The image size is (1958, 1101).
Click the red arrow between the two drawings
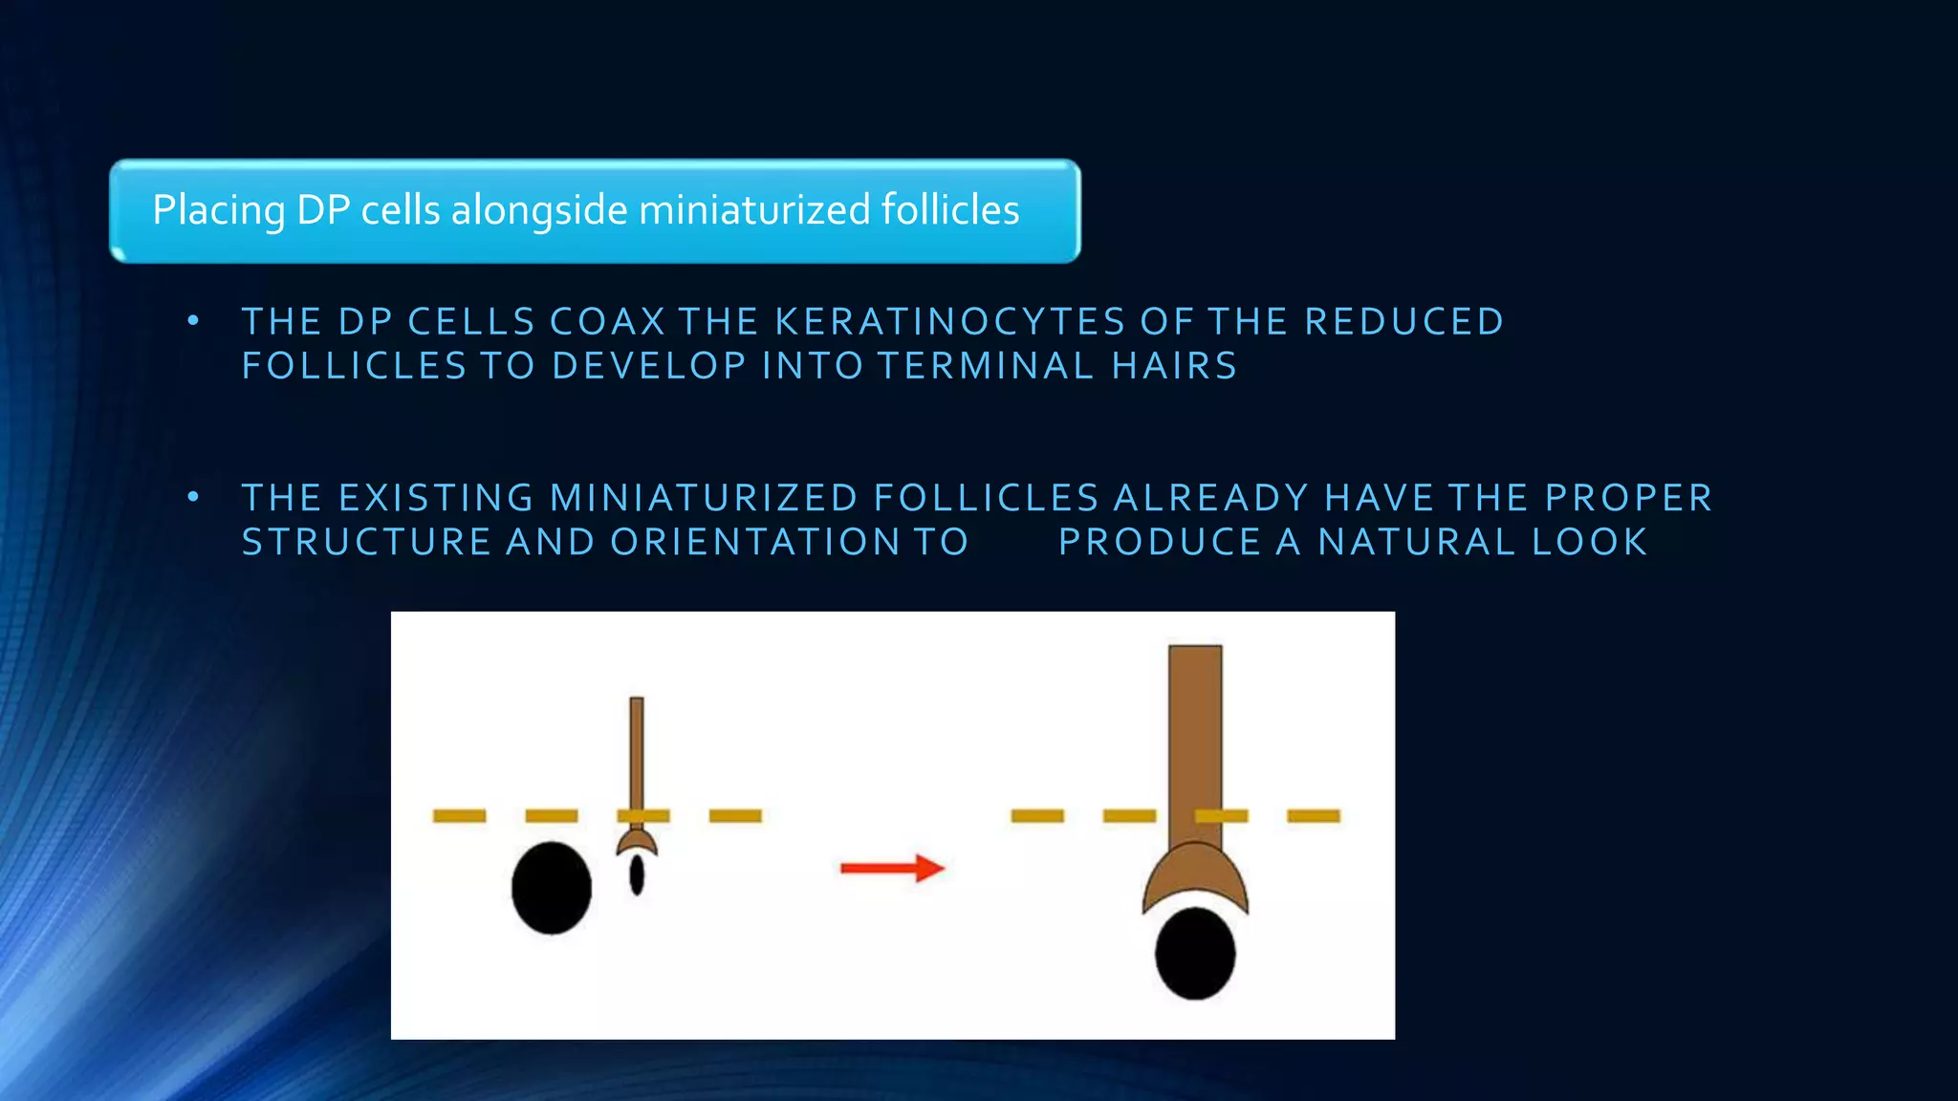coord(891,868)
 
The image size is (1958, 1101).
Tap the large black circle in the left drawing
coord(551,887)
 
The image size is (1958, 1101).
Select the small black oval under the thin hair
coord(637,875)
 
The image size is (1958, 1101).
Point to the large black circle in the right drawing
coord(1195,953)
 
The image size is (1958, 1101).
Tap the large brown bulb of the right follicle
coord(1195,874)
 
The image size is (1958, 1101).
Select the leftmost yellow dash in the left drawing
coord(459,815)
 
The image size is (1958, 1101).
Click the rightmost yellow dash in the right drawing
coord(1314,815)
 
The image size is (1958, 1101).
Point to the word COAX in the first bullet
coord(607,322)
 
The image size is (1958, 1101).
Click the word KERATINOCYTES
coord(949,322)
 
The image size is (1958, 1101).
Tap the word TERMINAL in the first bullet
coord(985,366)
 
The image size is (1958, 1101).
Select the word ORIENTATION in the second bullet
coord(755,542)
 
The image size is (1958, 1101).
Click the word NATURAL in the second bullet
coord(1417,542)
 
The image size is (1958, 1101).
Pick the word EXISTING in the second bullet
coord(437,498)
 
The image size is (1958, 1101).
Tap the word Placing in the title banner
coord(219,210)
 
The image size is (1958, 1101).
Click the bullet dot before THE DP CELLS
coord(193,321)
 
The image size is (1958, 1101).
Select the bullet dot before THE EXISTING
coord(193,497)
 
